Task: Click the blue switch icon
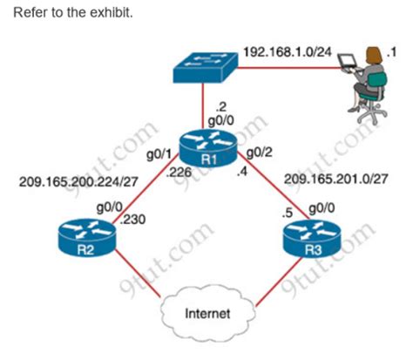point(206,67)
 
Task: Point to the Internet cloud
point(208,313)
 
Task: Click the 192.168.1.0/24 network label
point(288,52)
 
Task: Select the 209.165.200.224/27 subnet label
point(78,182)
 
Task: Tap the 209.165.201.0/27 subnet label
point(336,179)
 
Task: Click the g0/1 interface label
point(159,155)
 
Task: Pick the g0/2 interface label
point(260,152)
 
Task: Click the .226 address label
point(179,173)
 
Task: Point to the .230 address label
point(132,220)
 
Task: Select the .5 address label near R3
point(288,214)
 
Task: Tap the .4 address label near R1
point(242,172)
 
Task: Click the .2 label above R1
point(221,107)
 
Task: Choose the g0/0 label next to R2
point(110,208)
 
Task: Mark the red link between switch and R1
point(203,105)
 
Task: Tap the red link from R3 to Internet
point(278,282)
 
